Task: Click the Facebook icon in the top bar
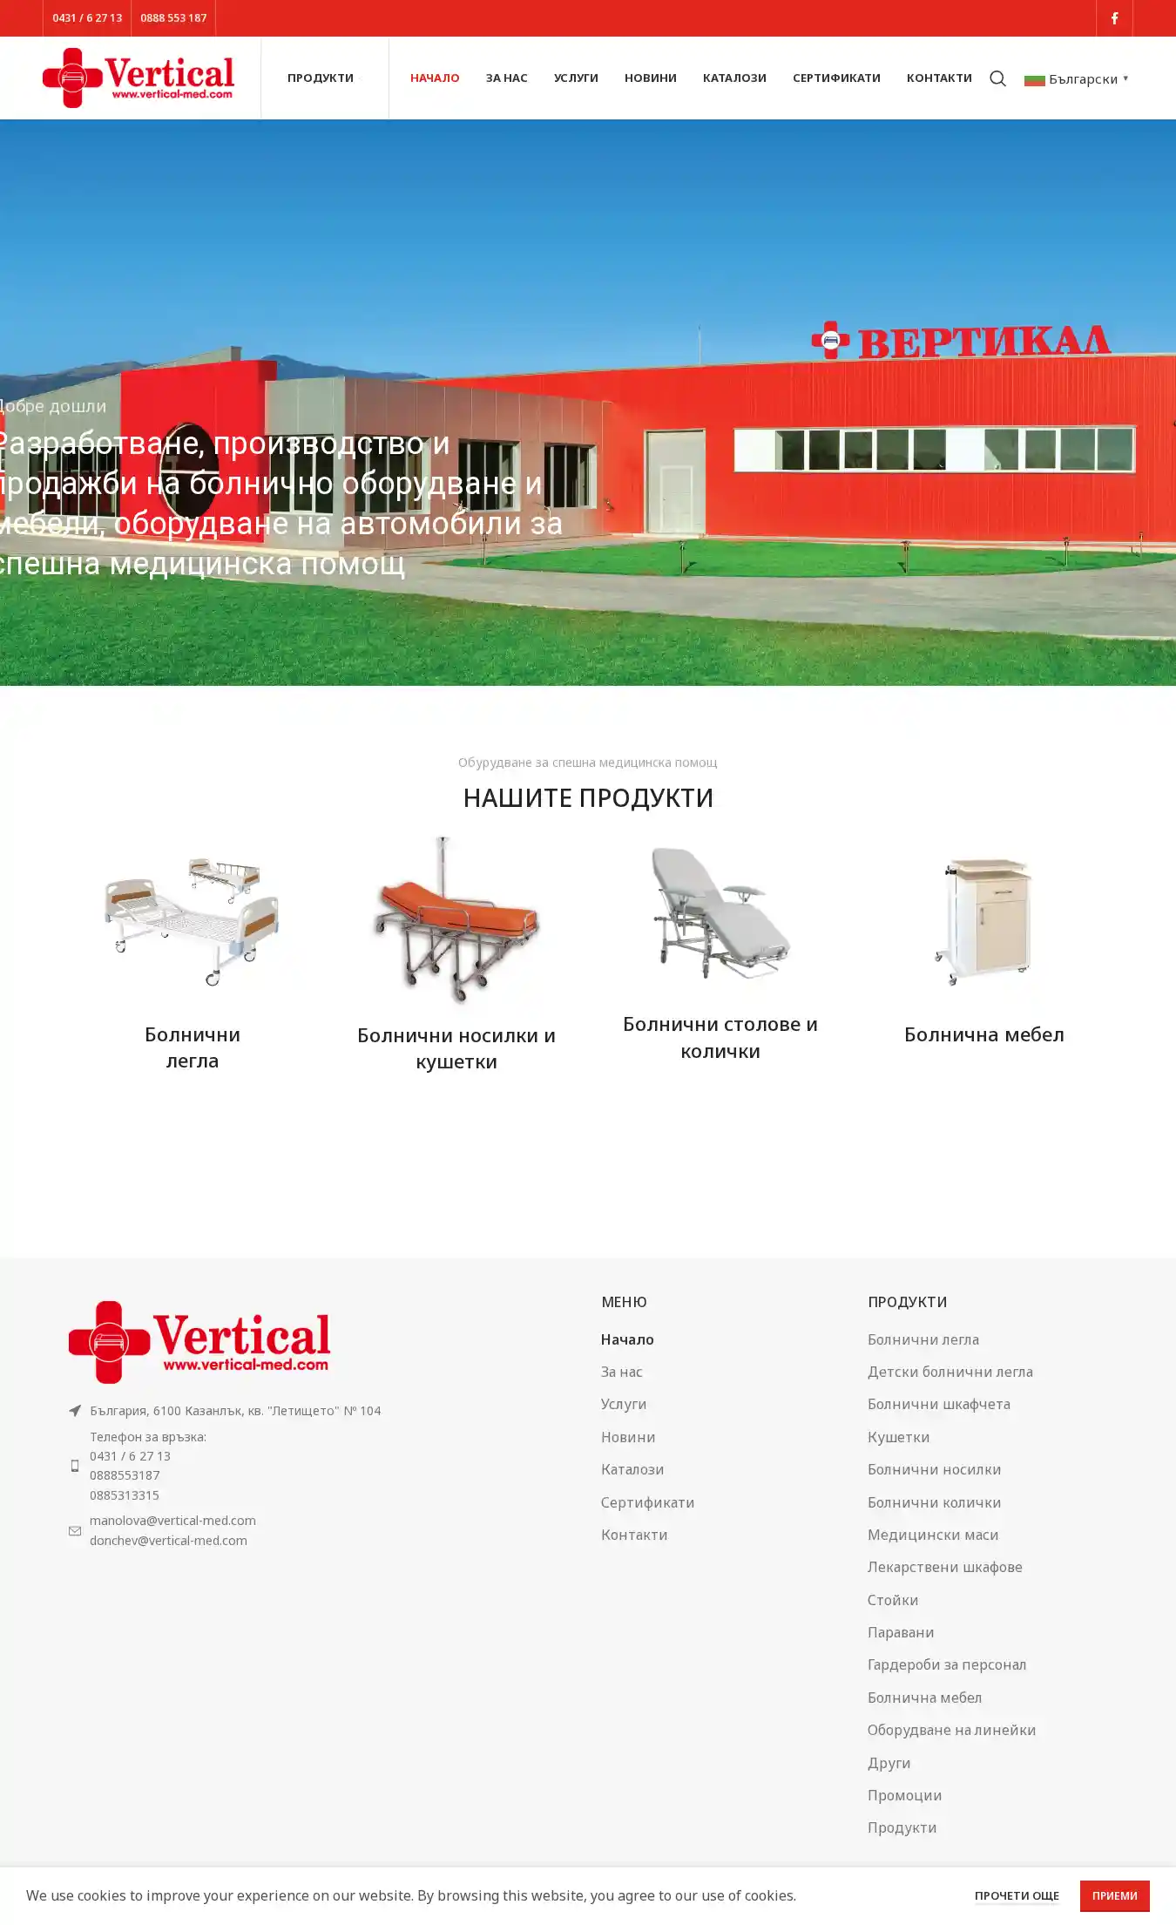[1114, 18]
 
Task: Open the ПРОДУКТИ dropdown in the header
[321, 78]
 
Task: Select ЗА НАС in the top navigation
[507, 78]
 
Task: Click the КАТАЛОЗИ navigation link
[734, 78]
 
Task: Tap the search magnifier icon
[997, 79]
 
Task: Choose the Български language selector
[1077, 79]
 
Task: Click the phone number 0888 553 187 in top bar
[173, 18]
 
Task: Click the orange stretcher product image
[456, 919]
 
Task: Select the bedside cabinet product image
[983, 920]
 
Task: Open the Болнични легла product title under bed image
[193, 1047]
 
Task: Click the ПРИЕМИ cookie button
[1115, 1895]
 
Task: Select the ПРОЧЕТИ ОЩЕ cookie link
[1017, 1895]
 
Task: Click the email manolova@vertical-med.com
[172, 1520]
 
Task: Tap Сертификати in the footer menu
[647, 1501]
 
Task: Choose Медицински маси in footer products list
[933, 1534]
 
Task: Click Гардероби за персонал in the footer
[947, 1664]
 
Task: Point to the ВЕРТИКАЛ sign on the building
[961, 340]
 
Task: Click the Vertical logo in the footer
[199, 1342]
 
